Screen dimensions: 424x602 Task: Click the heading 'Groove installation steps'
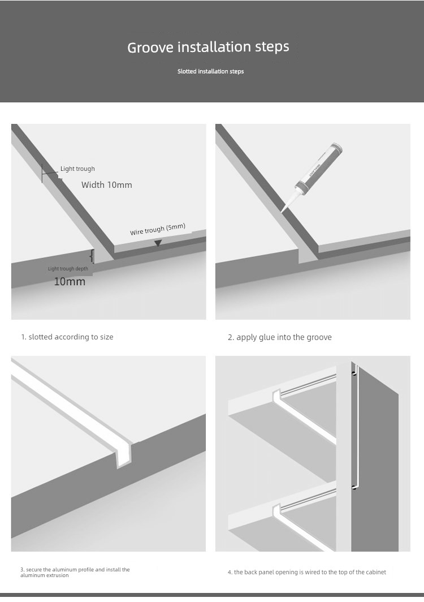(x=208, y=47)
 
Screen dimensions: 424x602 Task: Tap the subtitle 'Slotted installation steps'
(x=211, y=71)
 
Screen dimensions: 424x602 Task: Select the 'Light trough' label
(x=77, y=169)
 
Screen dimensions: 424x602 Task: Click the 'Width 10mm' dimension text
(x=107, y=184)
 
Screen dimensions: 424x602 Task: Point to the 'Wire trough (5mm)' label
(x=158, y=229)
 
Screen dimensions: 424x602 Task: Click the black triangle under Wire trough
(x=158, y=243)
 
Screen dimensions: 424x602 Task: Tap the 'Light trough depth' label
(x=68, y=269)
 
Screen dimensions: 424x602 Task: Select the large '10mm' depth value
(x=70, y=281)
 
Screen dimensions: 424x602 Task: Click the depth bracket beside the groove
(x=92, y=256)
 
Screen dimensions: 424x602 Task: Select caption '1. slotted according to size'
(x=67, y=337)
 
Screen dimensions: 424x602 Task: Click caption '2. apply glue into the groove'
(x=280, y=337)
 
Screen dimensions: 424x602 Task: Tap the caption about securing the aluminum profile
(x=75, y=573)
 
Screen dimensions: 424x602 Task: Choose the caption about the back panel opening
(x=307, y=572)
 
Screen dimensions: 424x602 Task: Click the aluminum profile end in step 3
(x=124, y=455)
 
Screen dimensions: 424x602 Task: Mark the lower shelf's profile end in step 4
(x=276, y=512)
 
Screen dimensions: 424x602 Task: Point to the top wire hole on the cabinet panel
(x=354, y=373)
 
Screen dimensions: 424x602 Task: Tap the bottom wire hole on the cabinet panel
(x=354, y=488)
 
